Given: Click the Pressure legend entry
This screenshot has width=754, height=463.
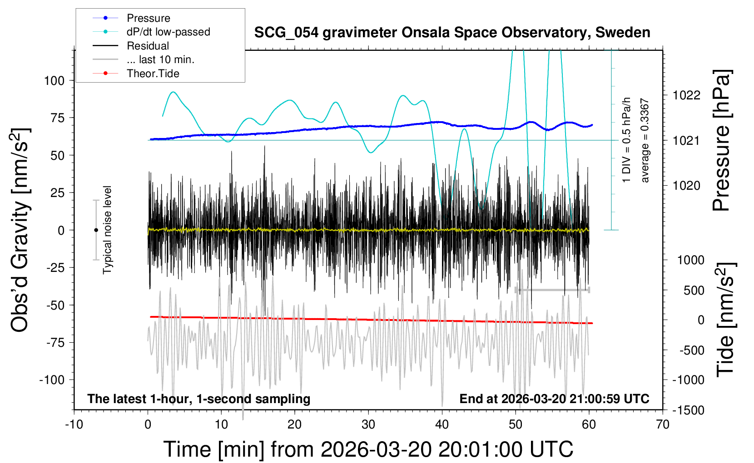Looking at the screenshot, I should pyautogui.click(x=148, y=18).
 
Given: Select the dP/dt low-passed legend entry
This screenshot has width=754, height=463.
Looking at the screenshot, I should pyautogui.click(x=168, y=32).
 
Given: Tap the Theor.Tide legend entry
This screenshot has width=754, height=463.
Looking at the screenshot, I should pyautogui.click(x=153, y=74).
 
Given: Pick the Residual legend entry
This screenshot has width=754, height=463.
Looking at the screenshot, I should pyautogui.click(x=148, y=46).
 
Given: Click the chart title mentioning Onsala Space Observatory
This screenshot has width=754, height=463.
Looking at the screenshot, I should pyautogui.click(x=452, y=33).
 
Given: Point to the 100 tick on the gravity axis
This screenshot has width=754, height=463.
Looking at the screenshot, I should pyautogui.click(x=55, y=81).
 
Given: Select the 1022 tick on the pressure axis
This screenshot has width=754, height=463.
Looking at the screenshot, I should pyautogui.click(x=686, y=95).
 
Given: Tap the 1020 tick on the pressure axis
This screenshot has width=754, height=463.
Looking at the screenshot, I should pyautogui.click(x=686, y=186).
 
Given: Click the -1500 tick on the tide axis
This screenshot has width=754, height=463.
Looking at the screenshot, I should pyautogui.click(x=688, y=410).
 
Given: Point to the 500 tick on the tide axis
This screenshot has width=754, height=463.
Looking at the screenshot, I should pyautogui.click(x=694, y=291).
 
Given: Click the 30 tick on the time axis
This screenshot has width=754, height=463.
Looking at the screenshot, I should pyautogui.click(x=368, y=425).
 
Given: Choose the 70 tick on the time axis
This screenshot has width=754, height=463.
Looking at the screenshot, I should pyautogui.click(x=663, y=425).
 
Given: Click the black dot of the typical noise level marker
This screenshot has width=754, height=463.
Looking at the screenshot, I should pyautogui.click(x=96, y=230).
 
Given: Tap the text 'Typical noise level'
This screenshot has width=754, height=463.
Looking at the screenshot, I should pyautogui.click(x=107, y=230).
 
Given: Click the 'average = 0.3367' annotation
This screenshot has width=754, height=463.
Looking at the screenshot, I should pyautogui.click(x=645, y=141).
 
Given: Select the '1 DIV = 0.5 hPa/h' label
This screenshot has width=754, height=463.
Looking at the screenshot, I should pyautogui.click(x=627, y=140).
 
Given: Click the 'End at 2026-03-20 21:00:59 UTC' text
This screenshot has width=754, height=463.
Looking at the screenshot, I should pyautogui.click(x=554, y=399).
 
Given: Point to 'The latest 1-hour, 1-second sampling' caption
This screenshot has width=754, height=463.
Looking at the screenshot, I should pyautogui.click(x=199, y=399).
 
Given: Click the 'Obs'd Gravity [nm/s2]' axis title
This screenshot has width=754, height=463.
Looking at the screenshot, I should pyautogui.click(x=20, y=230).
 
